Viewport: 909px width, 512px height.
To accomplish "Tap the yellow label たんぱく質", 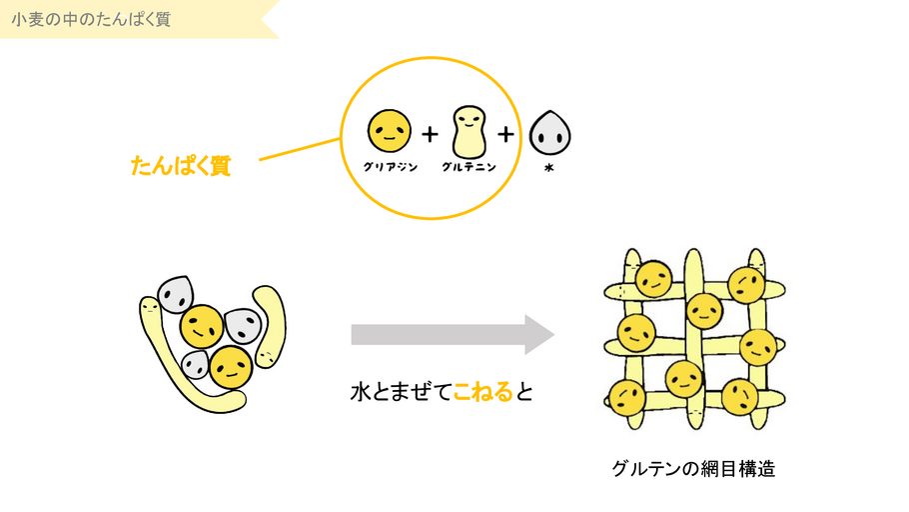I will [181, 166].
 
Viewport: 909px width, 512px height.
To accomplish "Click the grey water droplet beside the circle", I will [548, 132].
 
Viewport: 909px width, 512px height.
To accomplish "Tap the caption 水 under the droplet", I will [548, 168].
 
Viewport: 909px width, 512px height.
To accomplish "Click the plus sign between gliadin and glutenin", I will [430, 133].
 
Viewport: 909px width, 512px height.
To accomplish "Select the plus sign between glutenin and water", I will [506, 133].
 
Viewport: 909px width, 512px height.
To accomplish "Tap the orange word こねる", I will [482, 391].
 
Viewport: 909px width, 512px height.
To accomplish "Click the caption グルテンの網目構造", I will [693, 467].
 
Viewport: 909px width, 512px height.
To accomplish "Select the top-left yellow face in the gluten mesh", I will [654, 279].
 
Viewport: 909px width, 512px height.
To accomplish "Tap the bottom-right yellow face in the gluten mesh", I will [740, 396].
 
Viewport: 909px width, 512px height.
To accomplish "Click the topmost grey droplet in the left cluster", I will [177, 292].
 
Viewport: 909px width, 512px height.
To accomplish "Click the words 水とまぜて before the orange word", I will [401, 391].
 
